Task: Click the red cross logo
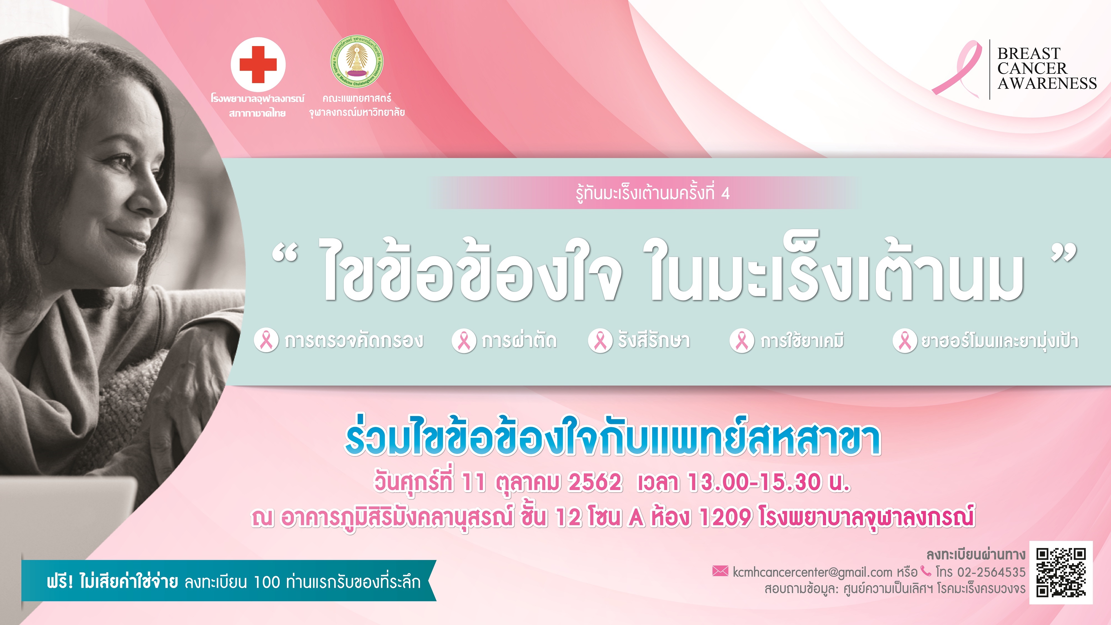258,64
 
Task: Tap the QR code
1061,572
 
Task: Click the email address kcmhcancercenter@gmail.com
812,572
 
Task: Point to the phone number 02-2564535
991,572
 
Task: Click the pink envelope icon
720,571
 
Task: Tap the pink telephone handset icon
925,571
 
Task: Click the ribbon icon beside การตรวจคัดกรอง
266,340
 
